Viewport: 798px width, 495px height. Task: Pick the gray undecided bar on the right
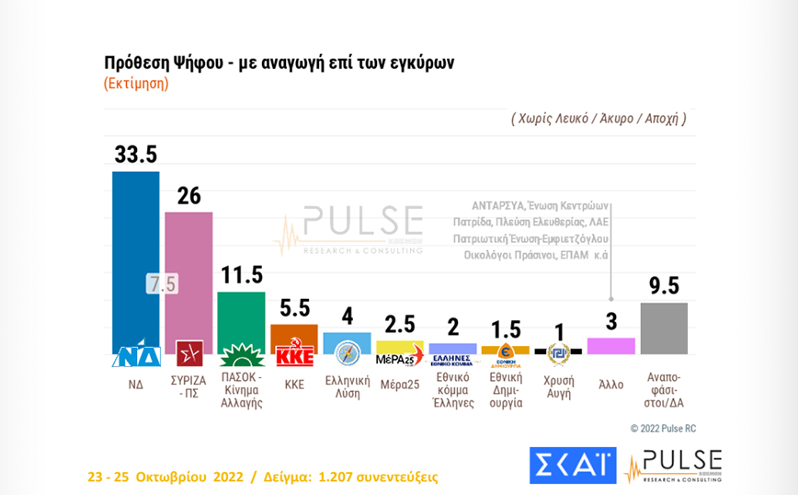click(x=664, y=328)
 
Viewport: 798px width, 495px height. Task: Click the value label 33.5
click(x=136, y=155)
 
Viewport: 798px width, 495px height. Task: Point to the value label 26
click(x=188, y=195)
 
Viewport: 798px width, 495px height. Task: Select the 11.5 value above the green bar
click(x=241, y=275)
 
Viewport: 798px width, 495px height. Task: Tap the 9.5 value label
click(x=664, y=286)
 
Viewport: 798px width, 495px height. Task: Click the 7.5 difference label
click(x=162, y=284)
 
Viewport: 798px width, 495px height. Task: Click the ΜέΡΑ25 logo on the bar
click(x=400, y=357)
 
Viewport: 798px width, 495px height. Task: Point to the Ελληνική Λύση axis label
click(x=348, y=387)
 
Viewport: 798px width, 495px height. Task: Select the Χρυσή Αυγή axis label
click(x=558, y=387)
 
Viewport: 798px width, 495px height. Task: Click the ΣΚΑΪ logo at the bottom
click(x=572, y=466)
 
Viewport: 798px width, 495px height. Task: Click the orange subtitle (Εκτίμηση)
click(x=136, y=83)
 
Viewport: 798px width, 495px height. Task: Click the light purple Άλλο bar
click(x=610, y=345)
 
